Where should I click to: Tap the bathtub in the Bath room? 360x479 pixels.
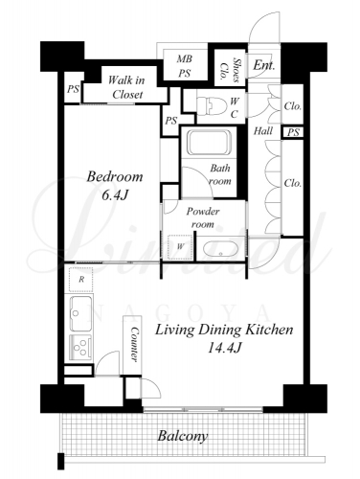coord(209,143)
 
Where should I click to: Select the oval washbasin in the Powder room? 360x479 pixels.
coord(220,249)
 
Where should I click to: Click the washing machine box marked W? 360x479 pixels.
coord(180,246)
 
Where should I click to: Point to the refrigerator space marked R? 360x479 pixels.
coord(81,280)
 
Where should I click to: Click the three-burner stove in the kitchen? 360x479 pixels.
coord(81,348)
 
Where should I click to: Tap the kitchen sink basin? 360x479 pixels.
coord(81,313)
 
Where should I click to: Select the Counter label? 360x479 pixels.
coord(135,344)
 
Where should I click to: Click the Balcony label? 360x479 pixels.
coord(183,436)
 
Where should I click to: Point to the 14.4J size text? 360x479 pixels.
coord(224,348)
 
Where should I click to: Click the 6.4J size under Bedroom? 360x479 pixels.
coord(115,195)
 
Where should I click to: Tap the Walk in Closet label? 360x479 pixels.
coord(126,87)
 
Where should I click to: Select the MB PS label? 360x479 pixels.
coord(185,66)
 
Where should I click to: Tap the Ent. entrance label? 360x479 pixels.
coord(264,65)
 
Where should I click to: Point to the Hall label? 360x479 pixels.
coord(263,130)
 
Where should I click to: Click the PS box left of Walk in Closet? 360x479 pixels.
coord(73,89)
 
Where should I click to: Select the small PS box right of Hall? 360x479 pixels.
coord(293,132)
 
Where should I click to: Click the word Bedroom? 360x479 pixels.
coord(115,176)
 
